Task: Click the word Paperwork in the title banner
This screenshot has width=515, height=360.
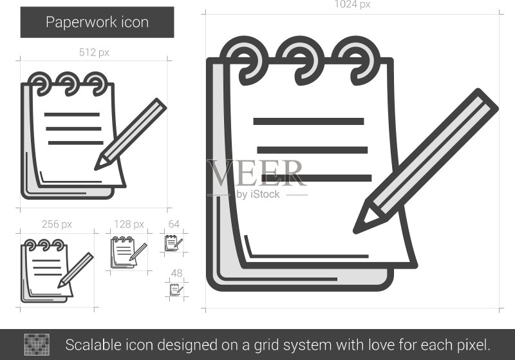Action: (82, 23)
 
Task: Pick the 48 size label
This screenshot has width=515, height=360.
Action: (176, 273)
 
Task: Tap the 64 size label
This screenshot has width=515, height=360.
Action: (174, 224)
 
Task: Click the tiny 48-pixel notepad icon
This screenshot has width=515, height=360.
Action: (176, 290)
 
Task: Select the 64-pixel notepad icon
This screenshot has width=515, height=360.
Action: (173, 243)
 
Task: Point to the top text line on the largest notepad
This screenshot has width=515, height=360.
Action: (308, 121)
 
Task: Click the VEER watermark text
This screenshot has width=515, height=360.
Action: (255, 173)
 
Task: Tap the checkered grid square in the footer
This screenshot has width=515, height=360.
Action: (37, 345)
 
